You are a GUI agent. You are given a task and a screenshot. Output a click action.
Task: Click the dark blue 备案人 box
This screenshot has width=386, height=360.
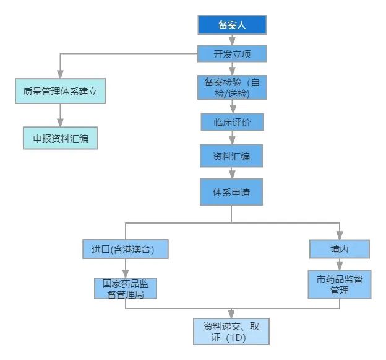tap(232, 25)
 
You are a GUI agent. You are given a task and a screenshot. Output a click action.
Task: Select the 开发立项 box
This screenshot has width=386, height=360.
tap(232, 54)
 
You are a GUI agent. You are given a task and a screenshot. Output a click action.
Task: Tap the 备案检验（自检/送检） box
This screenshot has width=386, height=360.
tap(232, 87)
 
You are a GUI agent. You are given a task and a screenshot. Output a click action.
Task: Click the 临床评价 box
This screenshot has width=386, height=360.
tap(232, 122)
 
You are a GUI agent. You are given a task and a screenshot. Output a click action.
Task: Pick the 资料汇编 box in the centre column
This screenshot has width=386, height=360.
tap(232, 156)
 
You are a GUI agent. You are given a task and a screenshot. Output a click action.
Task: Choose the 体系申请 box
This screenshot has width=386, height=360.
tap(232, 192)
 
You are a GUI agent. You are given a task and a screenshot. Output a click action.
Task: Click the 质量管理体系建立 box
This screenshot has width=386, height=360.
tap(61, 91)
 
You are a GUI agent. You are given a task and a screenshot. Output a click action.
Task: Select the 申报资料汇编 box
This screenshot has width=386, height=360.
tap(61, 138)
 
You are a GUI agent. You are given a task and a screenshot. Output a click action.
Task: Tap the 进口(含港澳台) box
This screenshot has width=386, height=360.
tap(126, 249)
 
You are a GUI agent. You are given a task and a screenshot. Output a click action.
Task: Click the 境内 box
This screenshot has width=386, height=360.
tap(340, 249)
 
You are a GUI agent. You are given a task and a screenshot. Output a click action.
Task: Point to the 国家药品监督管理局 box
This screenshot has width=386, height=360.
tap(126, 289)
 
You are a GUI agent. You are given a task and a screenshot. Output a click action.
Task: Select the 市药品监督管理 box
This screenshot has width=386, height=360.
tap(340, 284)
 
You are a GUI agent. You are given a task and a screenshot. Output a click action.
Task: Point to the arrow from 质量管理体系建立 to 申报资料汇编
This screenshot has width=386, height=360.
tap(61, 116)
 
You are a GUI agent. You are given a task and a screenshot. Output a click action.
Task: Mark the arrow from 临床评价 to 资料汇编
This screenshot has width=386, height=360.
tap(232, 138)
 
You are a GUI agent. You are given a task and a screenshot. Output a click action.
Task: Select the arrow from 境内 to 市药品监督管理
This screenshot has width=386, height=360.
tap(340, 264)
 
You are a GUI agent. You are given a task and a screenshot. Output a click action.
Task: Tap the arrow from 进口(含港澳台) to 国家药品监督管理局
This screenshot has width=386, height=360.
tap(126, 268)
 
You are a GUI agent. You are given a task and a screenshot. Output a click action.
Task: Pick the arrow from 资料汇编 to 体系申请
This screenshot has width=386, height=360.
tap(232, 173)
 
